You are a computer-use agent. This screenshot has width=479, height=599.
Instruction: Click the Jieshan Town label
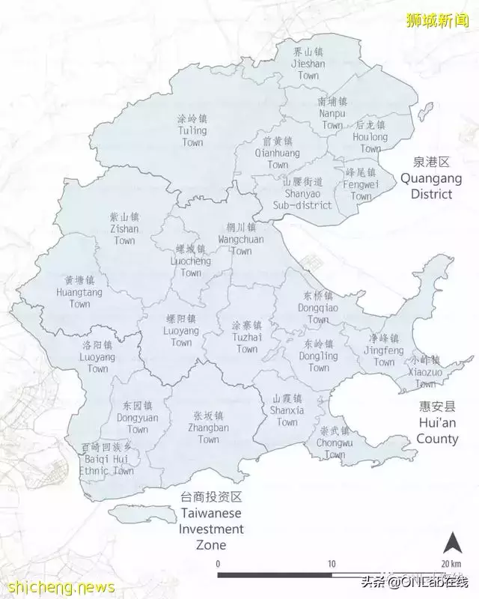click(308, 64)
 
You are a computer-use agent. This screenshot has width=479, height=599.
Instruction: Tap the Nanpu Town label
click(332, 113)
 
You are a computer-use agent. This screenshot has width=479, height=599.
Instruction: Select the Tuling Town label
click(192, 130)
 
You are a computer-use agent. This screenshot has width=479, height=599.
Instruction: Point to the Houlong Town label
click(370, 137)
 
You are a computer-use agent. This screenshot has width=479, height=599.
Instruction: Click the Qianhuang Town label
click(277, 153)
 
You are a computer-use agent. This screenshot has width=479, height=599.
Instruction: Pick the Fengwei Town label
click(361, 184)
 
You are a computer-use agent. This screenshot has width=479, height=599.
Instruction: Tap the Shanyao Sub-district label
click(302, 193)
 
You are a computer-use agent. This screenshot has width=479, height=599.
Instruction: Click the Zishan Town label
click(125, 228)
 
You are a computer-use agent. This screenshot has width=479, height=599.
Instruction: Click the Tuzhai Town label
click(245, 338)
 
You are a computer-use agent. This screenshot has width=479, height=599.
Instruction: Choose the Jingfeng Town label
click(384, 350)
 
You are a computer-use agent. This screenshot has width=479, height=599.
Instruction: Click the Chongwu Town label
click(335, 443)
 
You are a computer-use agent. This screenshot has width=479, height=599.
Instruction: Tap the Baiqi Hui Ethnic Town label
click(107, 459)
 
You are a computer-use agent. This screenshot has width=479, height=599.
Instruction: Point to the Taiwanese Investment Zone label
click(211, 521)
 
